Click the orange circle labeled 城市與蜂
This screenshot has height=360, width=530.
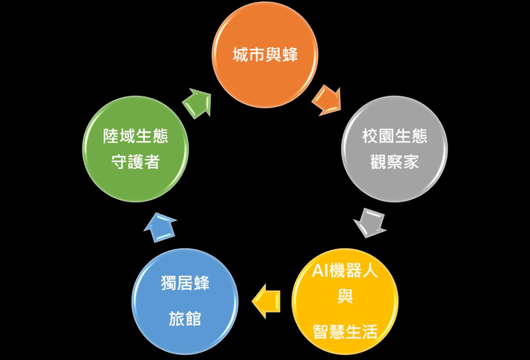tap(265, 54)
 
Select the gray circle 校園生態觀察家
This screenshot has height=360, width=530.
tap(394, 149)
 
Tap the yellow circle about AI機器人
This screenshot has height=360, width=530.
tap(345, 301)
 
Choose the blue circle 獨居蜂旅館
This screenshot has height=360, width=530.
tap(185, 301)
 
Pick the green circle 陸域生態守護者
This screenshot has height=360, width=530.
tap(135, 149)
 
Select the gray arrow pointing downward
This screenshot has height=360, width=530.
tap(370, 223)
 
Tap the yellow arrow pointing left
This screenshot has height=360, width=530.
tap(266, 301)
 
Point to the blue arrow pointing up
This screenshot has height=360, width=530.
tap(160, 227)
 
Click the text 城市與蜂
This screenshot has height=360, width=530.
tap(265, 55)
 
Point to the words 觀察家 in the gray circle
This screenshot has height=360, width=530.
tap(394, 162)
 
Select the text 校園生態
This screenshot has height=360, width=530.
tap(394, 136)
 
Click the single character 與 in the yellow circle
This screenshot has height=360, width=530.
tap(345, 296)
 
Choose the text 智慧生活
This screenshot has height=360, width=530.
tap(345, 331)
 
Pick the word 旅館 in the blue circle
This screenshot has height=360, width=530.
tap(185, 319)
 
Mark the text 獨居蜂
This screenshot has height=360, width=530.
tap(185, 283)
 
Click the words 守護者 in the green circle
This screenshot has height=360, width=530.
tap(135, 162)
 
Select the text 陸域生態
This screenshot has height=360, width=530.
tap(135, 136)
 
